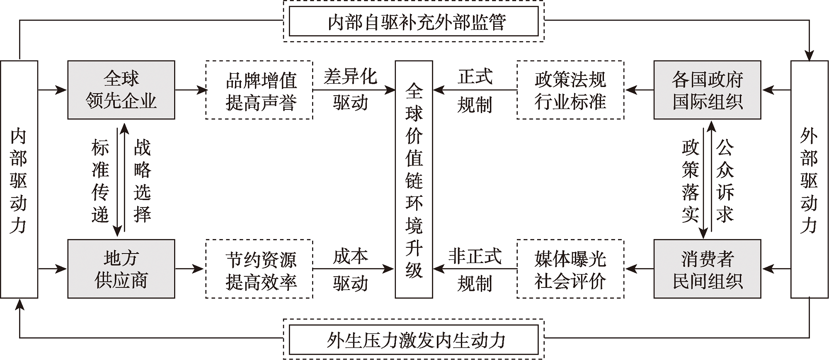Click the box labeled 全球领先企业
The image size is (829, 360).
[x=121, y=90]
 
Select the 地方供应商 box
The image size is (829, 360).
[x=121, y=269]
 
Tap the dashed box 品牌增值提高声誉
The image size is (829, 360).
[x=259, y=90]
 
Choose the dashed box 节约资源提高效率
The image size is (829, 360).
[x=259, y=269]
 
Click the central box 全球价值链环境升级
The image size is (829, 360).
[x=414, y=179]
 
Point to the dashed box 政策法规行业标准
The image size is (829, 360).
[x=570, y=90]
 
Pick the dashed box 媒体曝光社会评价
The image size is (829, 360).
[x=570, y=269]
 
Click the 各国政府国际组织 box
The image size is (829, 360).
[x=707, y=90]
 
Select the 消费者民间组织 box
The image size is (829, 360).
[x=707, y=269]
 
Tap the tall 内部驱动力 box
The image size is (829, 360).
[x=19, y=179]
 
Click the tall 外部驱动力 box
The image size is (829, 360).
[x=809, y=179]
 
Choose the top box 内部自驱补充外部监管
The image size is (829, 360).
[x=414, y=22]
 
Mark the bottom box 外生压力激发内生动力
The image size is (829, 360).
[x=414, y=340]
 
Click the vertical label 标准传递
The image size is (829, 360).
[x=100, y=181]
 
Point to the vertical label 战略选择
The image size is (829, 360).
[x=142, y=181]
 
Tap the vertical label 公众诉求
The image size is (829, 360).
[x=725, y=181]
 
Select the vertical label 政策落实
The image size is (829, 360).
[x=690, y=181]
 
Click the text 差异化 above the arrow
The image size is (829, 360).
[x=350, y=77]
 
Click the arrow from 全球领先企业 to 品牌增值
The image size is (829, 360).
[x=190, y=90]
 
